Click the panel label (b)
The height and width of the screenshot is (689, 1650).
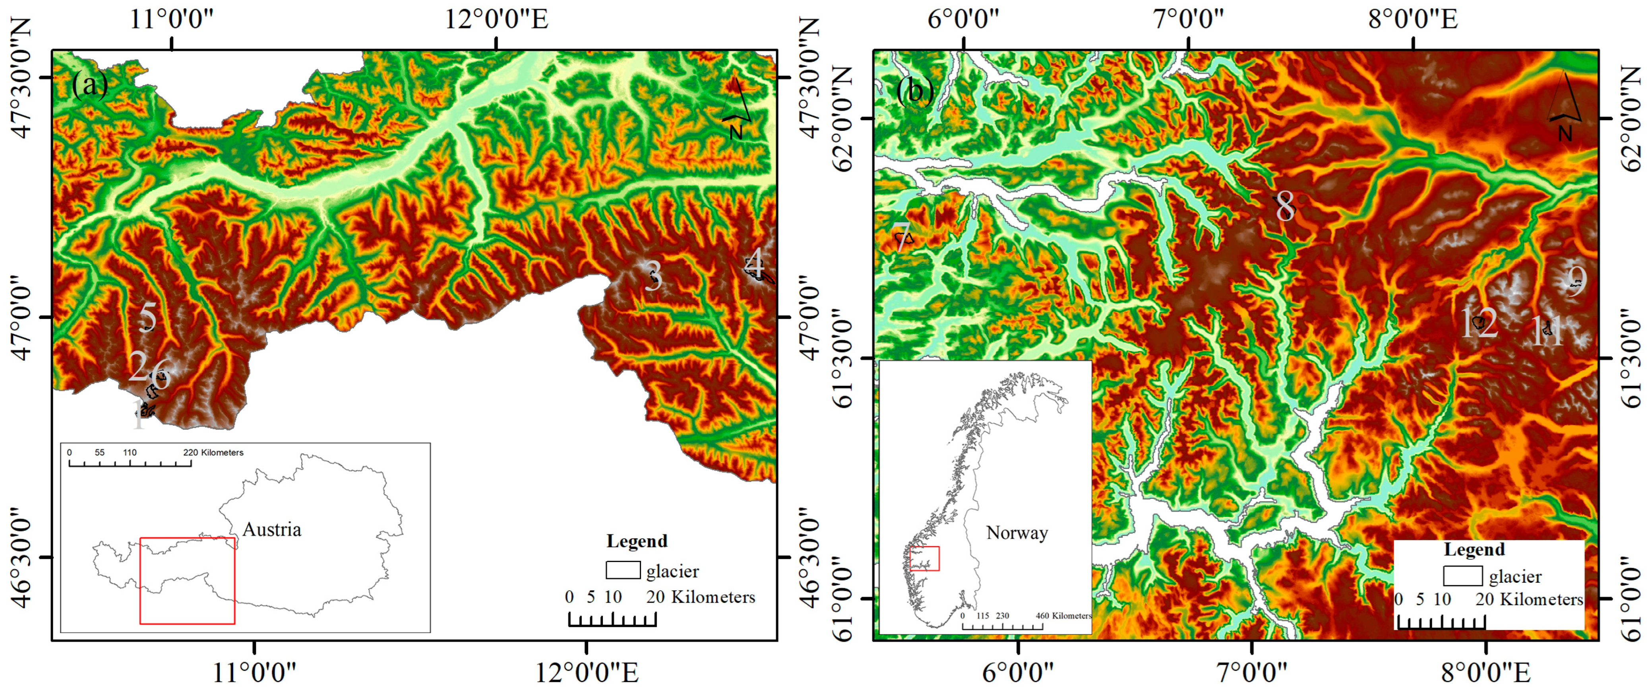coord(915,90)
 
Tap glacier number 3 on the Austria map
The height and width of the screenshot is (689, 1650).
coord(653,276)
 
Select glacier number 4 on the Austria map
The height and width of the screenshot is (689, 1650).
coord(756,264)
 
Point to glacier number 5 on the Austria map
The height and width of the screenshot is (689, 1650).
coord(148,317)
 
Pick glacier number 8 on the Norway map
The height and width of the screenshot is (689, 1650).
coord(1285,207)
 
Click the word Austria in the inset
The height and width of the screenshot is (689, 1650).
coord(271,529)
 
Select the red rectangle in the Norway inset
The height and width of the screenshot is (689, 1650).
coord(924,558)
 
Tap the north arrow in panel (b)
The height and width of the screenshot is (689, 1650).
coord(1565,106)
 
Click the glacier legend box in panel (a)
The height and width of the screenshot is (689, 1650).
coord(623,570)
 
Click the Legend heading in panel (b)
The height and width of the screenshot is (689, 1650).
coord(1474,549)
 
